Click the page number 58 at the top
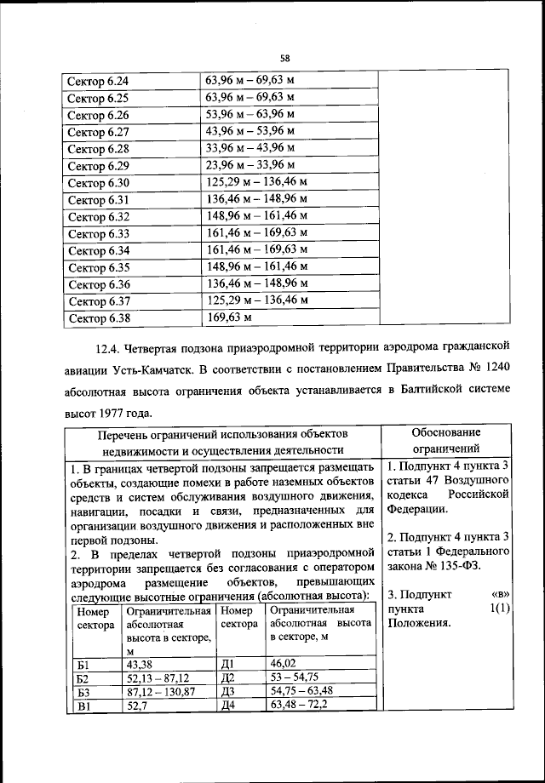[285, 58]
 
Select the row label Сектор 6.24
[98, 82]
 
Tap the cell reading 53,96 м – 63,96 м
[250, 113]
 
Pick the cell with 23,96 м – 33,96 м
[250, 164]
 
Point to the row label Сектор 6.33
[98, 234]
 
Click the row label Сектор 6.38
[98, 319]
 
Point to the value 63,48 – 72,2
[299, 705]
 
